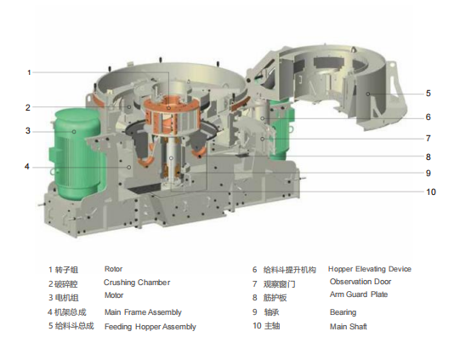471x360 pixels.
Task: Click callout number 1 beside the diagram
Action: (29, 72)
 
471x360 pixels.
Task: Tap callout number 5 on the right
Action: (428, 94)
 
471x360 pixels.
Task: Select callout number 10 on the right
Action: (431, 191)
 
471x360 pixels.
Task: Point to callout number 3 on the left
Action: (28, 131)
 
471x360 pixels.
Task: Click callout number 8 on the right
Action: (428, 157)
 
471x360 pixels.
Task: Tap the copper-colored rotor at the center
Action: (172, 116)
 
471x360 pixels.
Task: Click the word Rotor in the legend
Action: (113, 269)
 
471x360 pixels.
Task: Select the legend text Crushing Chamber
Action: (137, 283)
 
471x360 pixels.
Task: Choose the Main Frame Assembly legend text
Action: (143, 312)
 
